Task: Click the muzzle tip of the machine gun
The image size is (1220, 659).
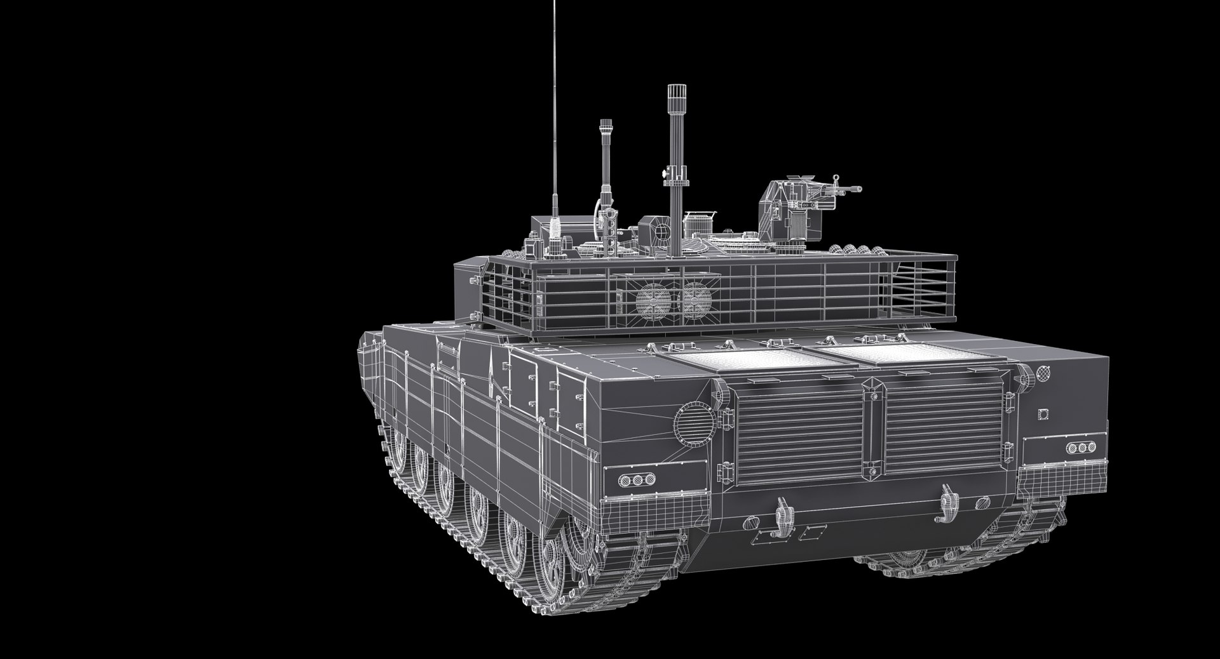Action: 859,189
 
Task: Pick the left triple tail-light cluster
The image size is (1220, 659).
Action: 632,479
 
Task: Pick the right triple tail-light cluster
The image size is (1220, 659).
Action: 1081,448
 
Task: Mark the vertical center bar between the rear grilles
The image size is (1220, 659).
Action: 873,428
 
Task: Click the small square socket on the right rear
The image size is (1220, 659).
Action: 1043,414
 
